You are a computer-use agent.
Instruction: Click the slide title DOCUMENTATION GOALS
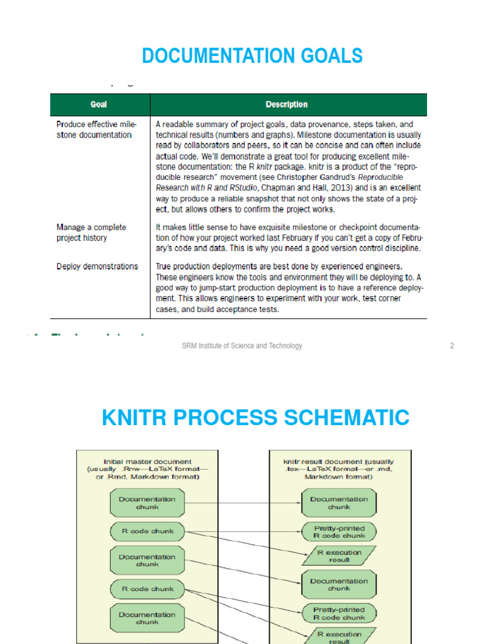pyautogui.click(x=252, y=56)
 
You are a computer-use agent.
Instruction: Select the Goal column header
pyautogui.click(x=98, y=104)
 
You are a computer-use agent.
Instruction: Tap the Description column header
pyautogui.click(x=287, y=104)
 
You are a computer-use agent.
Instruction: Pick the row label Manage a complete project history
pyautogui.click(x=91, y=233)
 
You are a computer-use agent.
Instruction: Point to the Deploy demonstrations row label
pyautogui.click(x=97, y=266)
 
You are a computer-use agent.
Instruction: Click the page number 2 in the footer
pyautogui.click(x=452, y=346)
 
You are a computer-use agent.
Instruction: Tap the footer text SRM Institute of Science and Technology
pyautogui.click(x=241, y=346)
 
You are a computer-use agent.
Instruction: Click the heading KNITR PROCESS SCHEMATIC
pyautogui.click(x=255, y=417)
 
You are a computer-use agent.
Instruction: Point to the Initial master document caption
pyautogui.click(x=147, y=469)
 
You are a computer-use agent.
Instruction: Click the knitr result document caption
pyautogui.click(x=338, y=469)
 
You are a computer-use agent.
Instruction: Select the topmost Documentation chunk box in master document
pyautogui.click(x=147, y=503)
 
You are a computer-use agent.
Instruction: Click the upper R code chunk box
pyautogui.click(x=147, y=531)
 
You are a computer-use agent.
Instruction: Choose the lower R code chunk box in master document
pyautogui.click(x=147, y=589)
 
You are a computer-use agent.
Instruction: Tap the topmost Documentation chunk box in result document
pyautogui.click(x=338, y=503)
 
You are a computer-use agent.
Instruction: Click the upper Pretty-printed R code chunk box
pyautogui.click(x=338, y=532)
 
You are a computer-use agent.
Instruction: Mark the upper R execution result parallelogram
pyautogui.click(x=338, y=556)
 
